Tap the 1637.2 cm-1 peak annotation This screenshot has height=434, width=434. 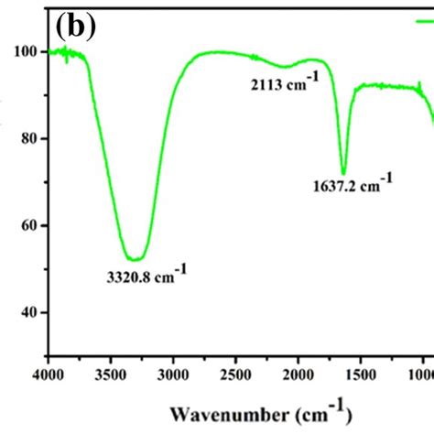351,187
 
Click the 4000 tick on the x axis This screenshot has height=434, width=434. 49,374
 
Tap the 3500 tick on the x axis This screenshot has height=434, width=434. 112,374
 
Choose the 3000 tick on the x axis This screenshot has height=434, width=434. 174,374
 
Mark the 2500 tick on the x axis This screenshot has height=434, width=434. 236,374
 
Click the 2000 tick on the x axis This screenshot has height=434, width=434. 298,374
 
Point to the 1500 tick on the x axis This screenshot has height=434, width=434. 361,374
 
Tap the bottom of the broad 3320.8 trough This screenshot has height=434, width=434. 135,259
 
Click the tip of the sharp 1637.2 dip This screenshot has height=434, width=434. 343,173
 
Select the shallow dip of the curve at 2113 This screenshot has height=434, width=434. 285,67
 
